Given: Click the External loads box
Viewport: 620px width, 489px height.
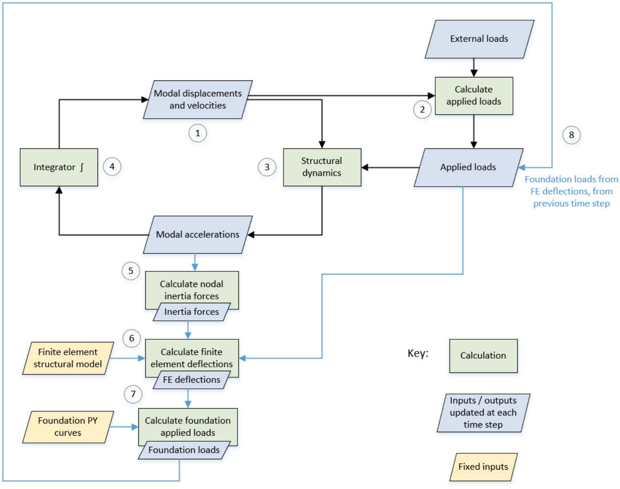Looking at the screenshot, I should (x=479, y=39).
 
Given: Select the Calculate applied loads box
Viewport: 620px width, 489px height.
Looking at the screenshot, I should (x=473, y=95).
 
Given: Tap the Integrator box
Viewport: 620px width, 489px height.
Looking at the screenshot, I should (x=59, y=167).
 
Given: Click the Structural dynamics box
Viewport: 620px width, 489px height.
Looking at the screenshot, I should (x=322, y=167).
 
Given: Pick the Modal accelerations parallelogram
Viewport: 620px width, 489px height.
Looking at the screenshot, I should (x=198, y=235).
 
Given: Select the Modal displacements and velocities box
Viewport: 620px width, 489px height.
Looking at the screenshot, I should (x=198, y=99).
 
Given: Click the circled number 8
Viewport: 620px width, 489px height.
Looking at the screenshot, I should (x=571, y=135).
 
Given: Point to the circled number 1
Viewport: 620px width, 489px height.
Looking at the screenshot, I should (x=198, y=133).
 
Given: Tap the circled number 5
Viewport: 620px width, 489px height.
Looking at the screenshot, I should (x=131, y=271).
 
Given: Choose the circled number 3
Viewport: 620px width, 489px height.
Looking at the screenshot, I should (x=267, y=167).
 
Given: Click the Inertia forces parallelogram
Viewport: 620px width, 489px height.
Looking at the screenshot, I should (x=192, y=312).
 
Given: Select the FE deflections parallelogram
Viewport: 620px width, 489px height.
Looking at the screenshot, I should (x=192, y=380).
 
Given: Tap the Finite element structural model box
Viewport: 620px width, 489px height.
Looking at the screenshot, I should (x=68, y=358).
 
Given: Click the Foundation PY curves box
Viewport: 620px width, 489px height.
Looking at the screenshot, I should (x=68, y=427).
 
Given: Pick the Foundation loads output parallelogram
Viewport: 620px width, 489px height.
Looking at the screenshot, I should (x=184, y=450).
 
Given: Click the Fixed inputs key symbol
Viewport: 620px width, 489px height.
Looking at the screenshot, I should (x=483, y=467).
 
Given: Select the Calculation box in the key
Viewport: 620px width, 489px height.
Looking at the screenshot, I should (x=483, y=356).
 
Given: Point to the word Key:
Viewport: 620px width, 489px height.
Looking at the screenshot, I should (x=418, y=354).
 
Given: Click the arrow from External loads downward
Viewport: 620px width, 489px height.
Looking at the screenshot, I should (x=473, y=68).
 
